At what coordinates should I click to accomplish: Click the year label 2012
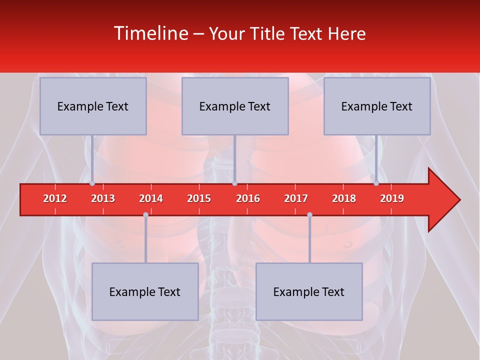tap(55, 198)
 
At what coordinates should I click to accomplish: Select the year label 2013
tap(103, 198)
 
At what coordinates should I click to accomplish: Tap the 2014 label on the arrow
tap(151, 198)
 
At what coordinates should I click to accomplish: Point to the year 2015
tap(199, 198)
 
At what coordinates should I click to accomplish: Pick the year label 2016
tap(248, 198)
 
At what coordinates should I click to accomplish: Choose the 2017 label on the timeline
tap(296, 198)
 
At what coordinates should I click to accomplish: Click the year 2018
tap(344, 198)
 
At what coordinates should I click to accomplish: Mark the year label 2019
tap(392, 198)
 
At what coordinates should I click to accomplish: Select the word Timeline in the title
tap(150, 33)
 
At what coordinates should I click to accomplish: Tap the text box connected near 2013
tap(93, 106)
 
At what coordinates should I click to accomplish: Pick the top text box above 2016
tap(235, 106)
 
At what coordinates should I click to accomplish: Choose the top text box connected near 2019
tap(377, 106)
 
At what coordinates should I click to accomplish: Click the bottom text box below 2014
tap(145, 291)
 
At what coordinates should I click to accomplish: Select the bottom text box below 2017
tap(309, 291)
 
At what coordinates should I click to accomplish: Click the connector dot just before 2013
tap(92, 183)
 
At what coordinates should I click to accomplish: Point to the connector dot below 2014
tap(145, 214)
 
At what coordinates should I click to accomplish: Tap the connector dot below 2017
tap(309, 214)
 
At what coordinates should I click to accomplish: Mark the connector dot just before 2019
tap(376, 183)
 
